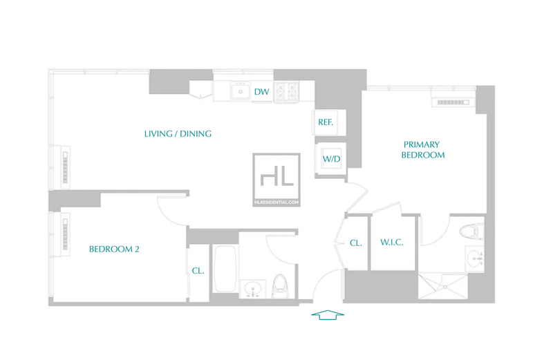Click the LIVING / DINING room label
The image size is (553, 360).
[x=178, y=133]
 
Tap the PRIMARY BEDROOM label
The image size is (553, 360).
[x=422, y=149]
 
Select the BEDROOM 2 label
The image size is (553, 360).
[x=114, y=249]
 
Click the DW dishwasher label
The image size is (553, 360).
[x=262, y=92]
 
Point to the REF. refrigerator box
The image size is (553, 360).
[x=329, y=122]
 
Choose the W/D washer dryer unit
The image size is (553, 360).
[x=331, y=159]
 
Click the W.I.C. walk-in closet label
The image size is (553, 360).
[x=391, y=243]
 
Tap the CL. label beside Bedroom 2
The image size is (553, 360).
[x=198, y=270]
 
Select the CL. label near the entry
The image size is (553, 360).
[x=355, y=243]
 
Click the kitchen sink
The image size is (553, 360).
[x=241, y=91]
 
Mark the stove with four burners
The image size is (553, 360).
[x=286, y=91]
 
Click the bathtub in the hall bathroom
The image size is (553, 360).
[x=225, y=269]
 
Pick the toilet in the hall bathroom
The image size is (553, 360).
[x=281, y=285]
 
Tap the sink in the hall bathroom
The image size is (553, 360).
[x=252, y=289]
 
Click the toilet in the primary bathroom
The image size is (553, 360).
[x=472, y=231]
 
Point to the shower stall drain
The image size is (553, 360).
[x=445, y=287]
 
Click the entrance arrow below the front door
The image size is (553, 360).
[x=328, y=315]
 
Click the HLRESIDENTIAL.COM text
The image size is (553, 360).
[x=276, y=202]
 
